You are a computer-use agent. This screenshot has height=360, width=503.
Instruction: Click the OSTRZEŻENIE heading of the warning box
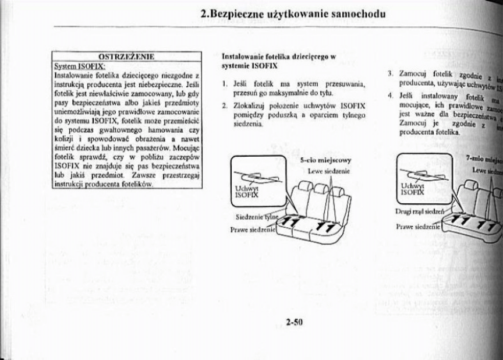pos(126,57)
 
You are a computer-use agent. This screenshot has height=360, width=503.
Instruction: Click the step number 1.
pos(225,84)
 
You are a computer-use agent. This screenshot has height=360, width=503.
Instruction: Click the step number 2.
pos(225,106)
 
